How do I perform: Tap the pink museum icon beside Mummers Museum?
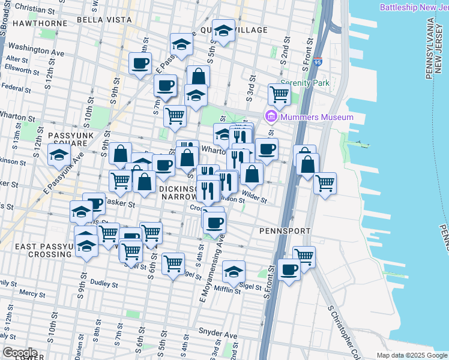[271, 116]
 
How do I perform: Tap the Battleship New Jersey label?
[414, 7]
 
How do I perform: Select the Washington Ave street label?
[37, 50]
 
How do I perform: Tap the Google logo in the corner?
[19, 352]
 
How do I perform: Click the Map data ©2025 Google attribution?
[411, 355]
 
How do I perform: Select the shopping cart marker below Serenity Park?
[279, 94]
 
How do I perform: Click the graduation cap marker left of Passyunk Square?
[59, 156]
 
